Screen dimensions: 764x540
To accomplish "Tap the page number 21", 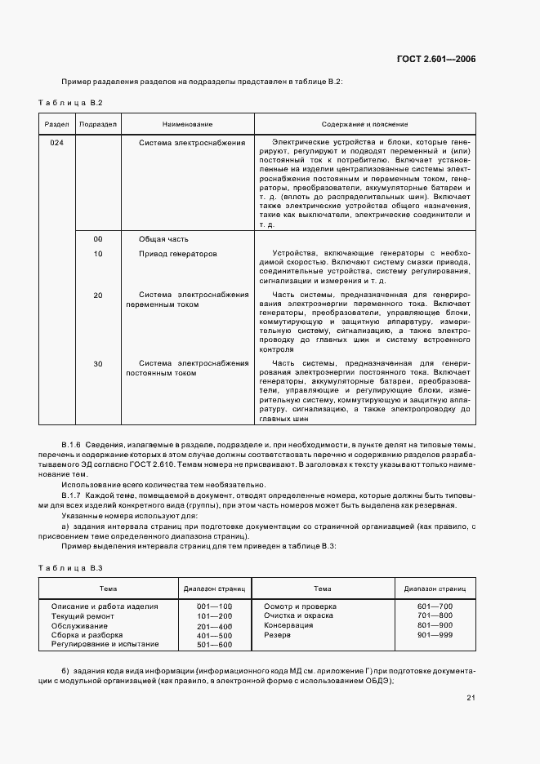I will coord(471,697).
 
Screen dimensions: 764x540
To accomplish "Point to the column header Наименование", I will coord(187,124).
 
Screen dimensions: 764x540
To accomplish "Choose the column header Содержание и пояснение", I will coord(364,124).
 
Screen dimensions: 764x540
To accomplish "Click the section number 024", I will coord(56,142).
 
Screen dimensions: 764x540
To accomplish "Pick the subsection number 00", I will coord(98,239).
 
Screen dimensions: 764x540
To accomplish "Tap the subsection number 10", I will coord(98,254).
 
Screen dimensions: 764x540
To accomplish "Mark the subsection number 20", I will coord(98,295).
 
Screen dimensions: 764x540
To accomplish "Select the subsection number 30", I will coord(98,363).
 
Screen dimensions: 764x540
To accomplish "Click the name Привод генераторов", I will coord(178,254).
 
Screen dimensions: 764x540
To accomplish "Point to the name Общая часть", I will coord(163,239).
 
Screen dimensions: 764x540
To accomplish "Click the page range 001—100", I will coord(215,606).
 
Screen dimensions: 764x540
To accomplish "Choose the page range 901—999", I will coord(434,635).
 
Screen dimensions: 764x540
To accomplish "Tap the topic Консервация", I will coord(288,625).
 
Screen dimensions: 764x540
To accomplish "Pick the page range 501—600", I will coord(215,645).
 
